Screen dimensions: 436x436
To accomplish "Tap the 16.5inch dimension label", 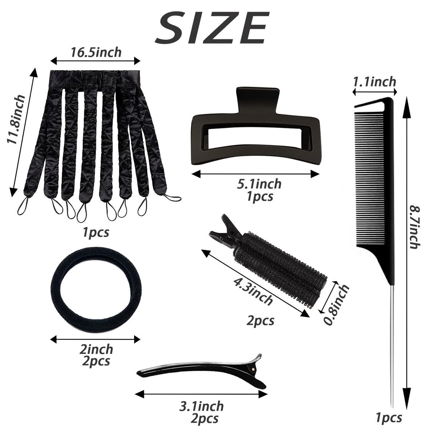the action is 96,52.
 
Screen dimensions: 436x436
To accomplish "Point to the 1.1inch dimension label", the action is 375,82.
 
